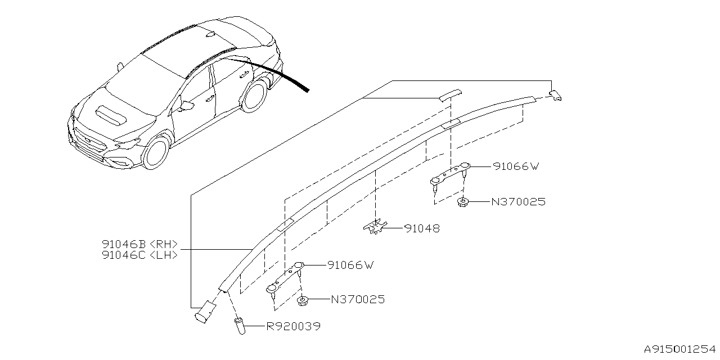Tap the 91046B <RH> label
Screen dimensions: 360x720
[140, 244]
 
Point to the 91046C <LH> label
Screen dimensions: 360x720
[140, 255]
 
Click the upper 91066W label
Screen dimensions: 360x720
[516, 166]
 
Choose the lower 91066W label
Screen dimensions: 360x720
[351, 265]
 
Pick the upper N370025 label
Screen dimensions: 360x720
[518, 201]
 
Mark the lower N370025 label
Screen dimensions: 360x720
[358, 300]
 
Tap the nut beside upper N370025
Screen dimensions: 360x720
[463, 202]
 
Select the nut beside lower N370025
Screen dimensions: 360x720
[303, 301]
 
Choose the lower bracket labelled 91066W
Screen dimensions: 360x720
[287, 277]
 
